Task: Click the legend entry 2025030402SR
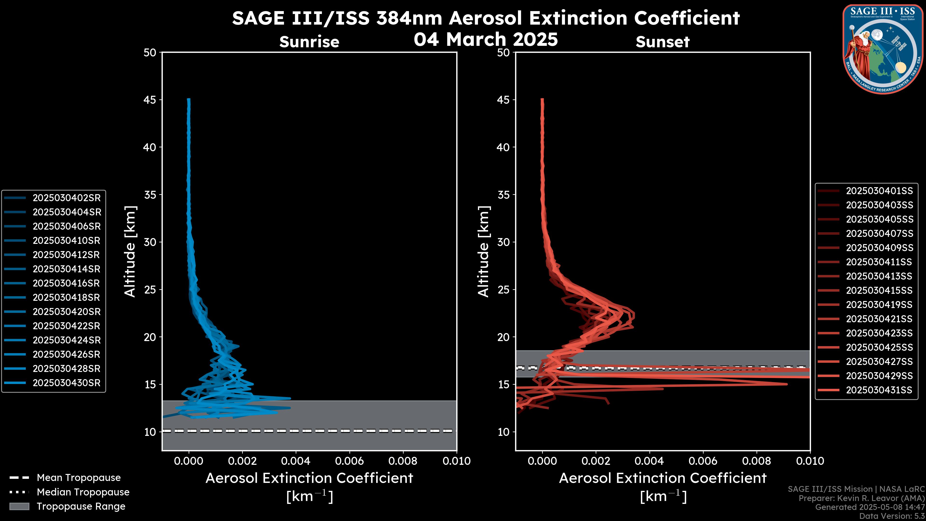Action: tap(67, 198)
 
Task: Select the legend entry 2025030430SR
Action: tap(67, 383)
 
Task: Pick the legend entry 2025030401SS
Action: tap(879, 191)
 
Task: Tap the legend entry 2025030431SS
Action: tap(879, 390)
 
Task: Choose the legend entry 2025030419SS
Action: tap(879, 305)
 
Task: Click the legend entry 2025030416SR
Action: tap(67, 283)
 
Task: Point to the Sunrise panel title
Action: tap(309, 42)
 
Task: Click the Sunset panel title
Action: tap(662, 42)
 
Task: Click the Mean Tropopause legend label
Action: tap(79, 478)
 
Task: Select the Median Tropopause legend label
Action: tap(83, 492)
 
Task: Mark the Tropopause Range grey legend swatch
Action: tap(19, 506)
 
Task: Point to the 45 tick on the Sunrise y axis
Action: tap(150, 100)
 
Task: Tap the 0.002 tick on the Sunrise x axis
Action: tap(242, 461)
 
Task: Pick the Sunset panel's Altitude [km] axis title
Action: tap(483, 251)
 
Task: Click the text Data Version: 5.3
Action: tap(892, 516)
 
